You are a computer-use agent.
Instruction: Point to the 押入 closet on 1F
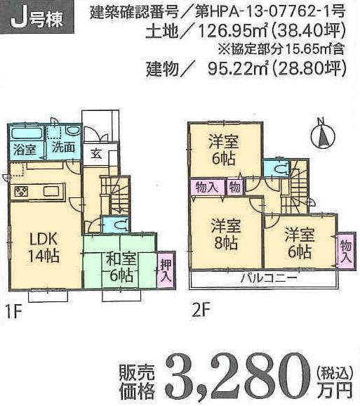165,270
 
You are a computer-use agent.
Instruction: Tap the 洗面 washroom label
64,149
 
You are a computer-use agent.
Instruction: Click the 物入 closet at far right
345,249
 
